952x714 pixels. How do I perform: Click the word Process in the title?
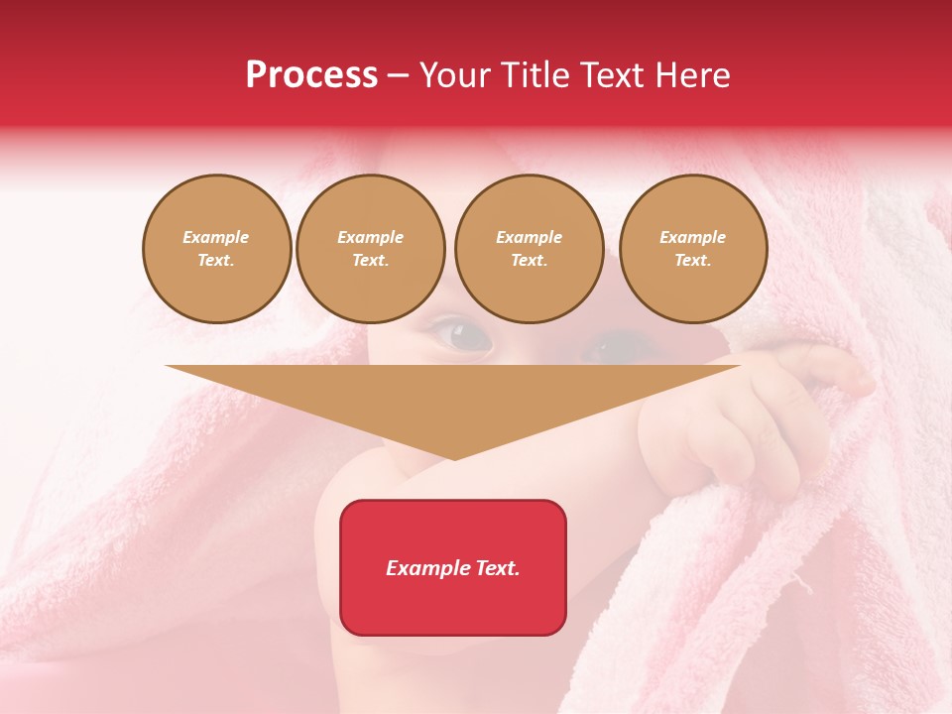click(311, 75)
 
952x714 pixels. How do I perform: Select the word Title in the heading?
click(537, 75)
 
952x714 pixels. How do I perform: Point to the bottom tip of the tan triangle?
click(453, 458)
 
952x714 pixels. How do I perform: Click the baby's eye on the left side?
click(464, 337)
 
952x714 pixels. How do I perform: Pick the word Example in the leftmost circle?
click(216, 237)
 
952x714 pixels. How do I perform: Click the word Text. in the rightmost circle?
click(692, 260)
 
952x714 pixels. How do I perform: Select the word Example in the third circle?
click(529, 237)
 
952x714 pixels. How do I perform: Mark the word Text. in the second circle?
click(370, 260)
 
